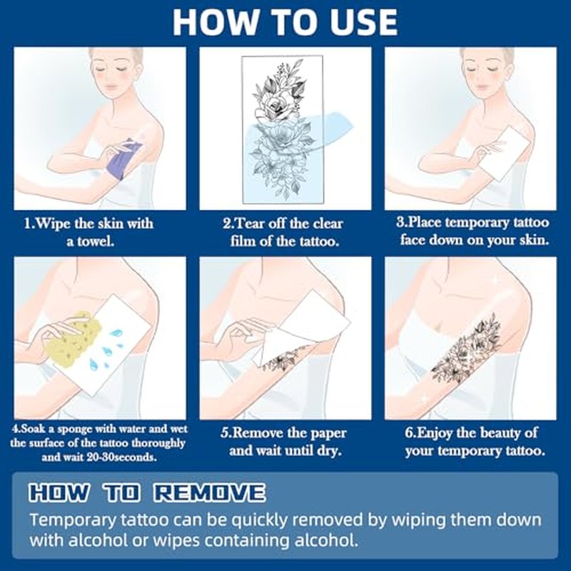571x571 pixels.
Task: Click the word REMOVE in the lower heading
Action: (209, 493)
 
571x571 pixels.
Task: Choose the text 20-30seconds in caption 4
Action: (121, 458)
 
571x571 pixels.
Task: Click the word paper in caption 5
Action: (325, 434)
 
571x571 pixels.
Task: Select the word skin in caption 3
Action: (532, 241)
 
